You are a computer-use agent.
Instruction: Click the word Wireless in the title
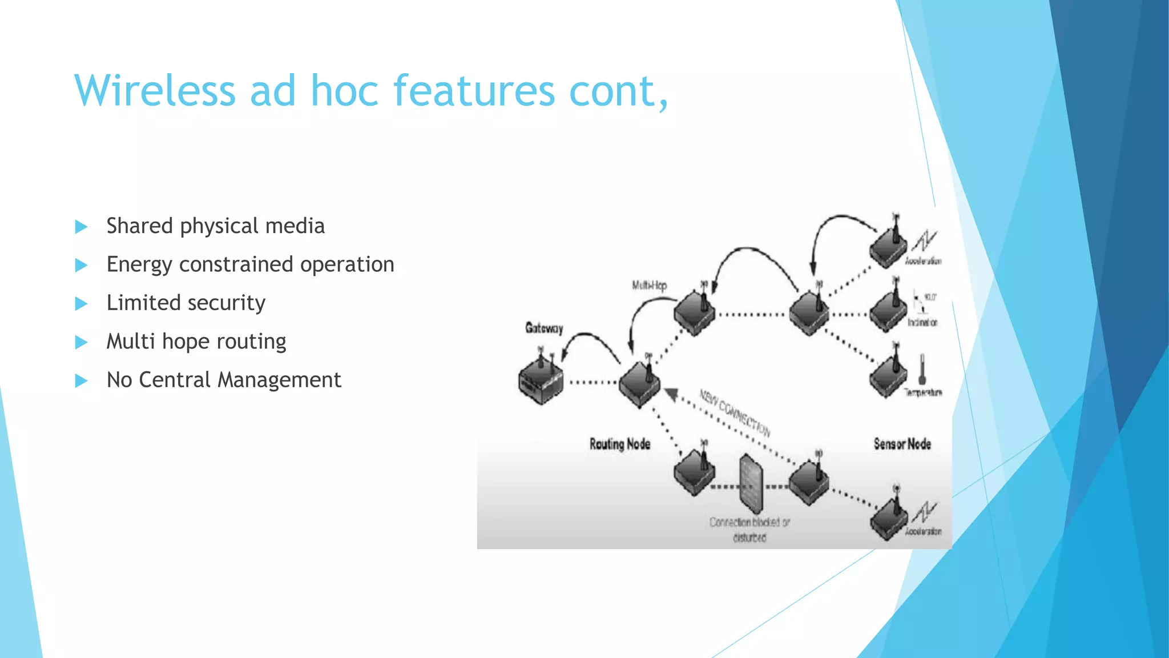pos(155,91)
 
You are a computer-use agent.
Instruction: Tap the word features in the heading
pos(474,91)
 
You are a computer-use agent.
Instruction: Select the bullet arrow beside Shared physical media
pos(81,227)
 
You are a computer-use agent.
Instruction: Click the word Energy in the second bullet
pos(139,264)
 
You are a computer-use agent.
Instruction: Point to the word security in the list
pos(225,303)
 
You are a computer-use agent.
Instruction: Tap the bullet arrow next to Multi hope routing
pos(81,342)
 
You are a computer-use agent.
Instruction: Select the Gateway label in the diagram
pos(544,328)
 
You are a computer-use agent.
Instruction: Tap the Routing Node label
pos(620,444)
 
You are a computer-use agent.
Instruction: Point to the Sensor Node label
pos(902,444)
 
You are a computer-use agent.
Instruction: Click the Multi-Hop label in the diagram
pos(649,285)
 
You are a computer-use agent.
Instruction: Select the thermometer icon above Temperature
pos(922,369)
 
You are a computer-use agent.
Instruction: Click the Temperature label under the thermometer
pos(923,392)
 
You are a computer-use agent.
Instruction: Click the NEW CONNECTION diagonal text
pos(736,412)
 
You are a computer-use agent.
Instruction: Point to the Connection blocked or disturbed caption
pos(749,529)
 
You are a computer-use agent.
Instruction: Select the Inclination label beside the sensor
pos(922,323)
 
